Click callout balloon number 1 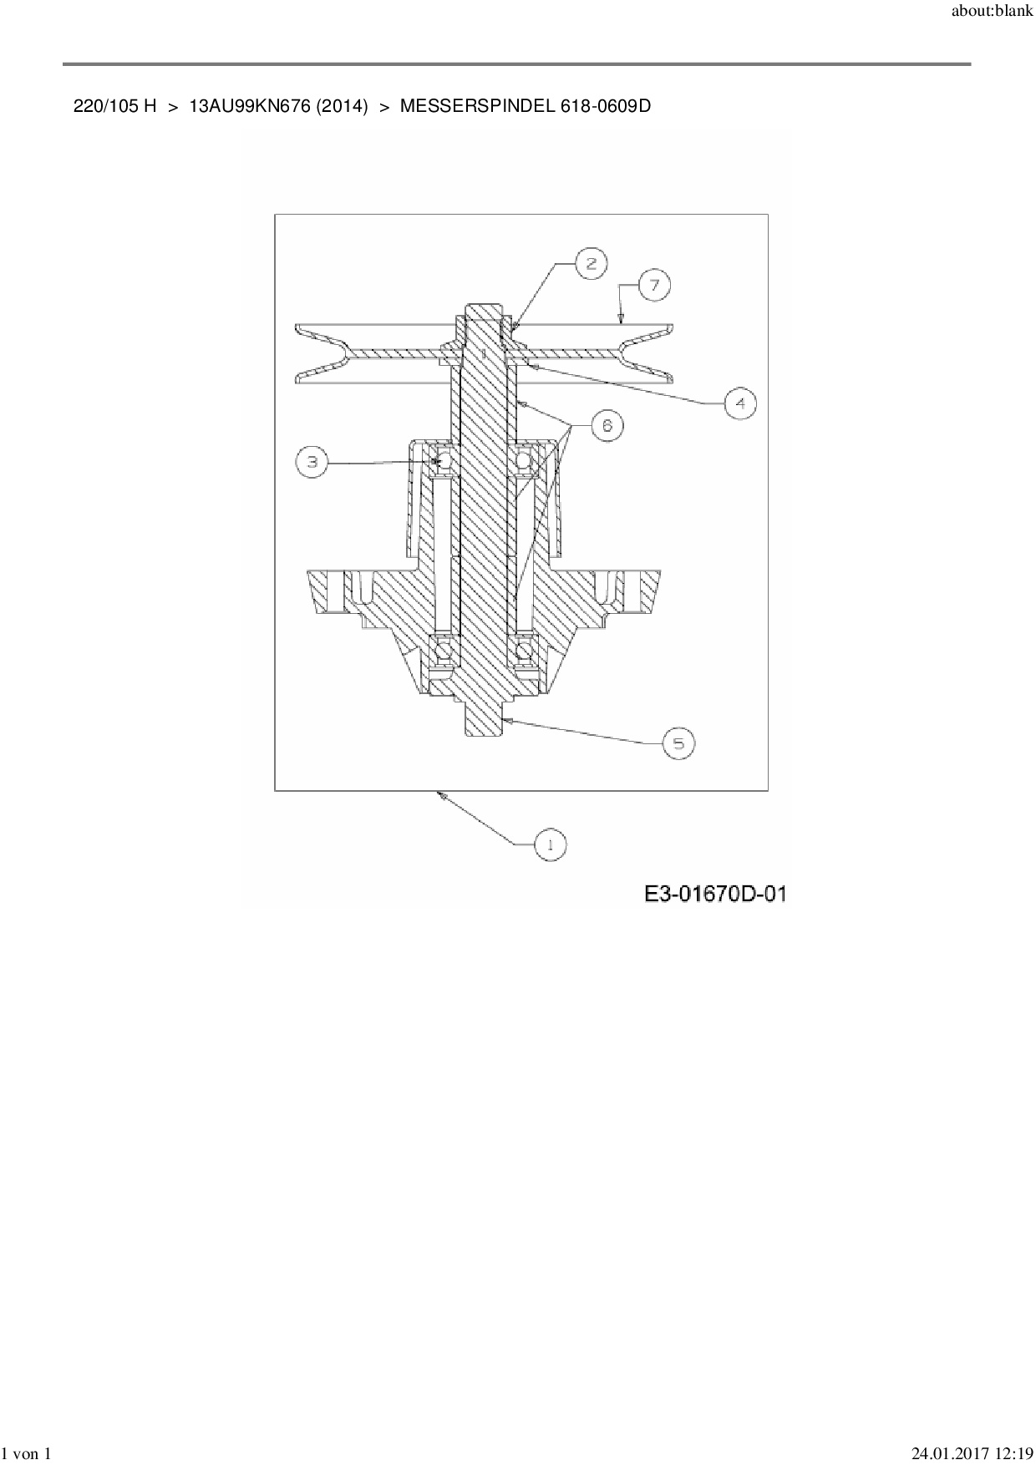[550, 844]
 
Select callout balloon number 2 [592, 263]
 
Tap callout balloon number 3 [312, 461]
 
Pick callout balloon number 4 [739, 403]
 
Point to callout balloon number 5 [678, 743]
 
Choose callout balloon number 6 [607, 426]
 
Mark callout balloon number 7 [654, 286]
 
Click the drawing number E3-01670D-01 [715, 895]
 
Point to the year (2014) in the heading [343, 106]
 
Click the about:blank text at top [993, 13]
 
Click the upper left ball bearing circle [442, 459]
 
